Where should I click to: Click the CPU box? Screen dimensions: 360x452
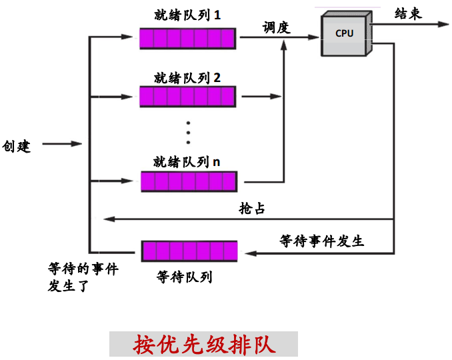click(x=345, y=35)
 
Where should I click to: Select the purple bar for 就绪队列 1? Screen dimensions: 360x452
click(x=187, y=38)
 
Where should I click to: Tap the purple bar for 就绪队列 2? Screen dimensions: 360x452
click(x=187, y=97)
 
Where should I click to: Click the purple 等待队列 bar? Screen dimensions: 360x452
click(x=189, y=251)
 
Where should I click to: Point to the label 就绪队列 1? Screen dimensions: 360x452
click(x=187, y=15)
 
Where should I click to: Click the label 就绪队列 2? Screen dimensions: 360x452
click(x=187, y=77)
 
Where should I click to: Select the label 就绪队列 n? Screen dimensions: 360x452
click(x=187, y=161)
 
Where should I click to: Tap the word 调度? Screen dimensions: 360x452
click(x=277, y=28)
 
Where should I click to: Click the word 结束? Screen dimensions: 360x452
click(x=408, y=14)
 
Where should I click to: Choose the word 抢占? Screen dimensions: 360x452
click(x=252, y=208)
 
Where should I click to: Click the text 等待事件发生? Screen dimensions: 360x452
click(x=321, y=241)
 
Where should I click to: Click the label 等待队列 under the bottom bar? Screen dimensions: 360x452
click(x=184, y=276)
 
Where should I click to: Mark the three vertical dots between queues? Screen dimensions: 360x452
click(x=188, y=133)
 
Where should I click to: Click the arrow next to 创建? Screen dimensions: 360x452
click(x=63, y=144)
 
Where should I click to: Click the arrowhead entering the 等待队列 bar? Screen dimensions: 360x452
click(x=245, y=253)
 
